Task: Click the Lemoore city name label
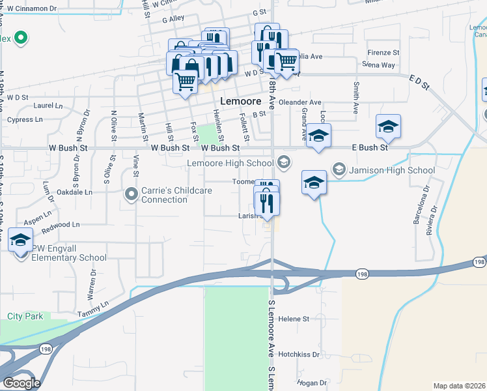coord(241,102)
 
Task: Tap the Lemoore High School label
coord(230,163)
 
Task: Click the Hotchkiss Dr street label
coord(299,355)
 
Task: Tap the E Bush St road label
coord(370,148)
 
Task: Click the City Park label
coord(25,316)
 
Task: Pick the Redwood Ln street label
coord(60,225)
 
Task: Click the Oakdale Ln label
coord(74,192)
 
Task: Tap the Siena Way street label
coord(379,65)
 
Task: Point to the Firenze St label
coord(383,52)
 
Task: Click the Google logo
coord(22,383)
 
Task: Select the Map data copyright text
coord(459,386)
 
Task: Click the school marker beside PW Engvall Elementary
coord(21,240)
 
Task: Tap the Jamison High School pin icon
coord(339,170)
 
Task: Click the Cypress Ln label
coord(25,120)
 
